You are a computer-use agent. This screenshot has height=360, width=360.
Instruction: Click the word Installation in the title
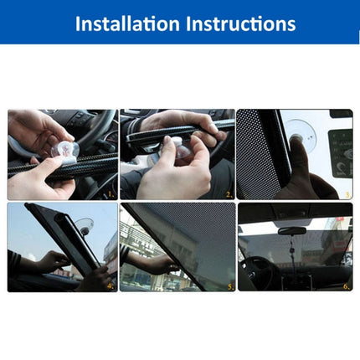126,23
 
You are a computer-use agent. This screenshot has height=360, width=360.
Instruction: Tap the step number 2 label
227,193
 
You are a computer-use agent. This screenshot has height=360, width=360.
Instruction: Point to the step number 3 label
347,193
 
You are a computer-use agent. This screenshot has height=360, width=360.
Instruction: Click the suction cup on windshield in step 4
83,224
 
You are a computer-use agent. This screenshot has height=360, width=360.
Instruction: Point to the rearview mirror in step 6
291,230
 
